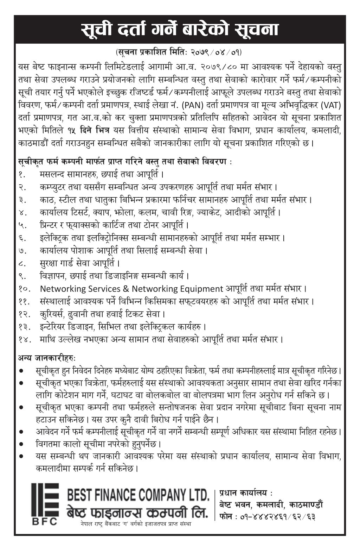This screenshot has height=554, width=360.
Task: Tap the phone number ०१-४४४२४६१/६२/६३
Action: [277, 517]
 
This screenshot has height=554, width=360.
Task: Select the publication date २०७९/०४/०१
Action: [216, 53]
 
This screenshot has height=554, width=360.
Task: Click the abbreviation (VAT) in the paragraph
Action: [332, 105]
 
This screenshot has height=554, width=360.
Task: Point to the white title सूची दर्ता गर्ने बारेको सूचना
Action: [180, 30]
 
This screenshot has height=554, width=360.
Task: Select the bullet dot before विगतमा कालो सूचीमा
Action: [22, 444]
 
